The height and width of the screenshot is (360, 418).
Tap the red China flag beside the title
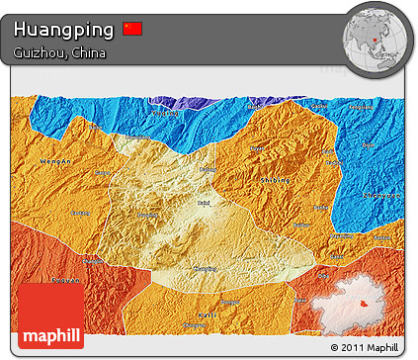132,29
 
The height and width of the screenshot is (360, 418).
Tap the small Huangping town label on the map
207,268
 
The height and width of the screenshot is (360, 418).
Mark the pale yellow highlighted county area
188,218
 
